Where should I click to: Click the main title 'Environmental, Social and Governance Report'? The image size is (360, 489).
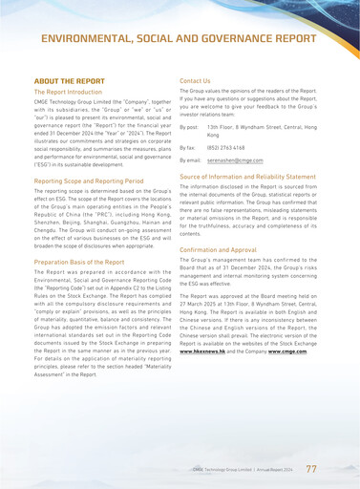180,37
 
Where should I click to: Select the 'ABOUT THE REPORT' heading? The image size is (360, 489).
69,81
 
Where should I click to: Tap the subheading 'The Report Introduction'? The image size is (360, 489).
73,92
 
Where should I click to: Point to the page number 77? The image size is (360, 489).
311,469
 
